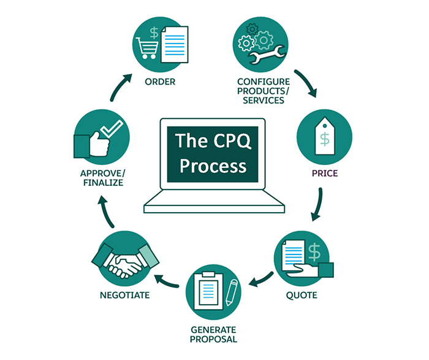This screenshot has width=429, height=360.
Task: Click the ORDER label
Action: click(x=160, y=82)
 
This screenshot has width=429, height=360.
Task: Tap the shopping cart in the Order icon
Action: click(x=147, y=48)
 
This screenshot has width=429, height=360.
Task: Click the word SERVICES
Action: click(x=264, y=100)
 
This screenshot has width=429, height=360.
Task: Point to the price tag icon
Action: click(x=325, y=136)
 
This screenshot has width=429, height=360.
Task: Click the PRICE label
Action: click(x=325, y=174)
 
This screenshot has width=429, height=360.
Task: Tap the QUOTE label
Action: click(x=302, y=295)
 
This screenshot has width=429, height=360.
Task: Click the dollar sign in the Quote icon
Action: click(x=314, y=253)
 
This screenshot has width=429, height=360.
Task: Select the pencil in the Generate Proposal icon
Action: click(x=232, y=293)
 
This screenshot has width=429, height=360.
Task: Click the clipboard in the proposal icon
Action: click(x=208, y=291)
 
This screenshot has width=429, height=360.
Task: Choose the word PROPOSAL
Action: click(x=213, y=339)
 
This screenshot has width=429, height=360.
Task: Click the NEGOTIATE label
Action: click(x=125, y=295)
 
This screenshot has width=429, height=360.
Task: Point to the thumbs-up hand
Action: click(x=92, y=145)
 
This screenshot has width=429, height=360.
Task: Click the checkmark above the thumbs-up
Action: click(x=112, y=129)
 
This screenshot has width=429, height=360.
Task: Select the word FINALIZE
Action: click(x=103, y=183)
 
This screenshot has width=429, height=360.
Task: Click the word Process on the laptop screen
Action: click(x=213, y=166)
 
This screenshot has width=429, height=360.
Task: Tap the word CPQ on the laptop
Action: click(x=232, y=140)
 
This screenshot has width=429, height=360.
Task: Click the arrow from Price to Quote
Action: click(x=319, y=205)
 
